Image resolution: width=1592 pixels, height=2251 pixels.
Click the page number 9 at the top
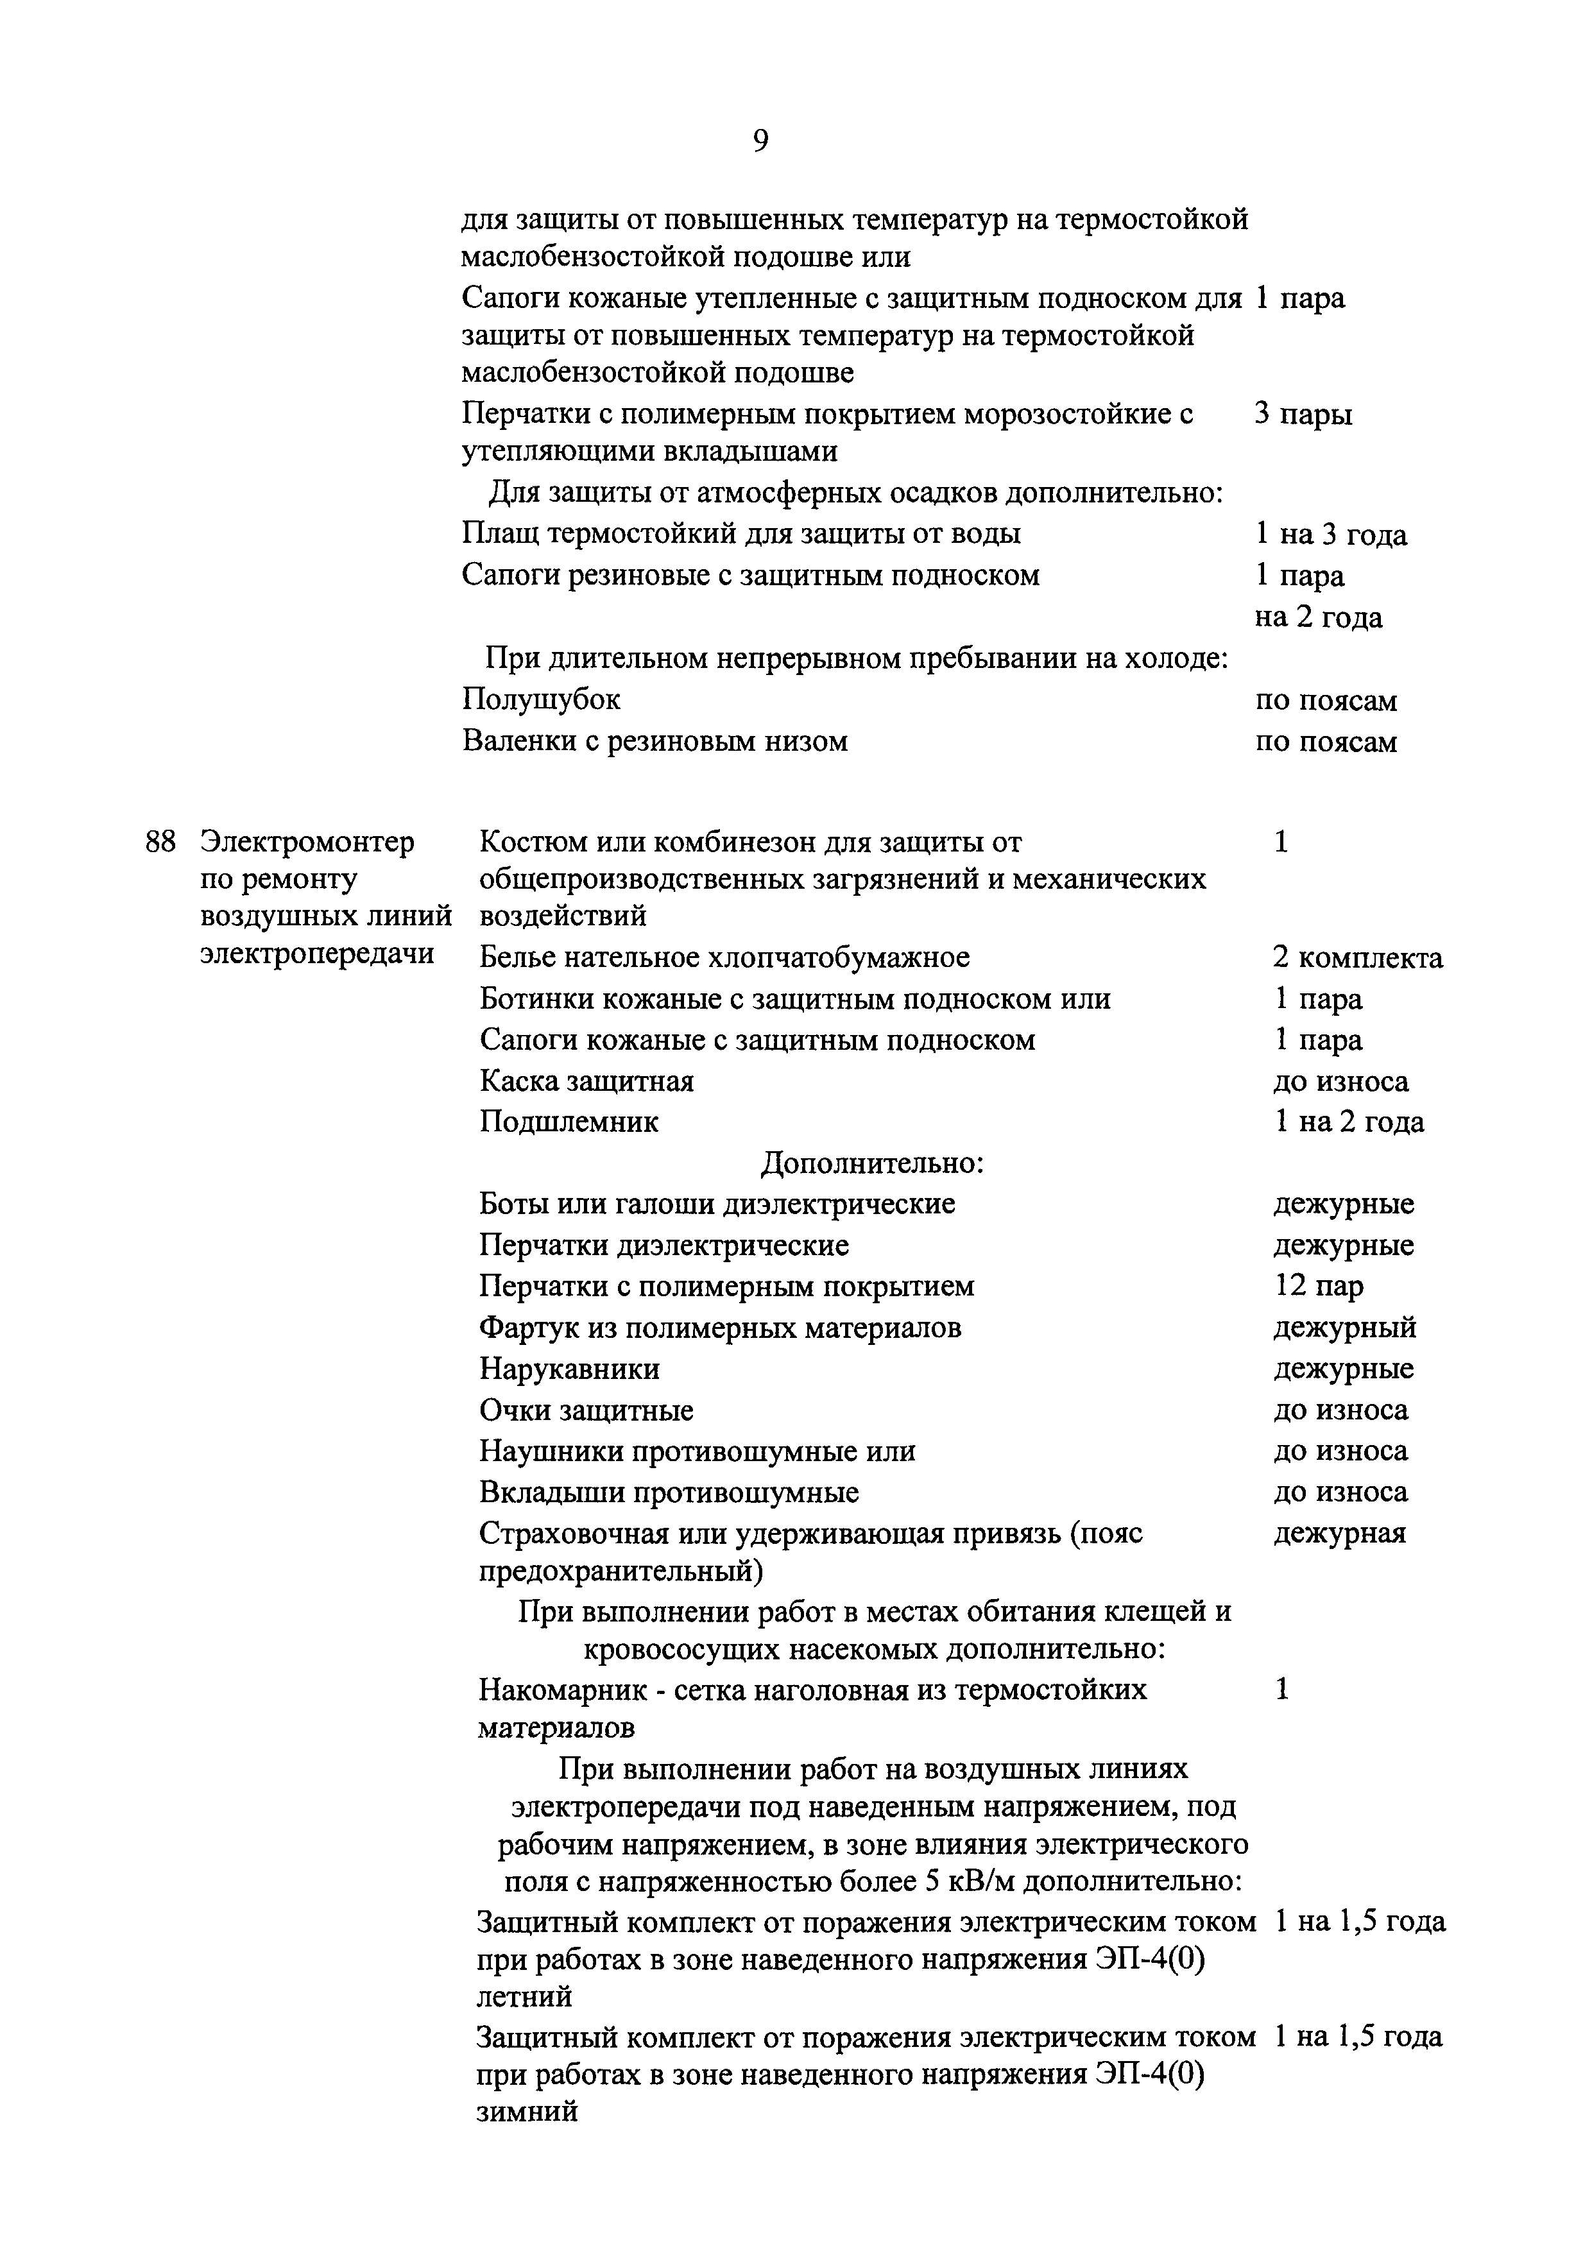point(761,142)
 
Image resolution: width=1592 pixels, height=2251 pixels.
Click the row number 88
point(160,842)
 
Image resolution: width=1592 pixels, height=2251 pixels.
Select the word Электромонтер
point(307,842)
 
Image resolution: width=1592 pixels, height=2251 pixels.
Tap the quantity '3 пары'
point(1303,414)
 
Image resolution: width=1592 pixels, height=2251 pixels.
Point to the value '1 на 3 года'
point(1330,535)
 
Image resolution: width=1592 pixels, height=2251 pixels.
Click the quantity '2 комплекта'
point(1358,958)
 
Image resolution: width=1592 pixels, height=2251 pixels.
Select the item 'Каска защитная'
point(586,1081)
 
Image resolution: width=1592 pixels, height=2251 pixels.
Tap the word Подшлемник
point(569,1122)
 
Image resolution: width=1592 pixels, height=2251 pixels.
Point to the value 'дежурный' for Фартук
point(1345,1328)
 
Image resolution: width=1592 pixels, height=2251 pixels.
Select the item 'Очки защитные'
point(586,1411)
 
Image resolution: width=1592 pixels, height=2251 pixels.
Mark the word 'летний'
point(524,1996)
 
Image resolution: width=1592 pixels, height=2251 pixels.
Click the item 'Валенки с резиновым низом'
point(655,740)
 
